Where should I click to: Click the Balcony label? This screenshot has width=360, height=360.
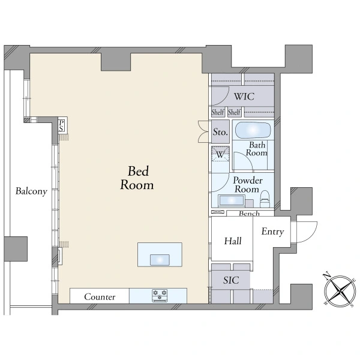tap(31, 191)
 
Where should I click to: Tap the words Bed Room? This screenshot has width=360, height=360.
tap(137, 178)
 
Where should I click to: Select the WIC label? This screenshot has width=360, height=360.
tap(244, 97)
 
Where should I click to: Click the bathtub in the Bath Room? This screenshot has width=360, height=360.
tap(253, 130)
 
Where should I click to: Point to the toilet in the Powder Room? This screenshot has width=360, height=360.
tap(265, 199)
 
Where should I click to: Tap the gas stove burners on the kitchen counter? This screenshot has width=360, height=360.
tap(160, 295)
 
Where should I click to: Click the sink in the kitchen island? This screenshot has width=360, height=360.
tap(160, 260)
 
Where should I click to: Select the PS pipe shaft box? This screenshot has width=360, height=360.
tap(61, 126)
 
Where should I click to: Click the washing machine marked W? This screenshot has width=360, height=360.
tap(220, 154)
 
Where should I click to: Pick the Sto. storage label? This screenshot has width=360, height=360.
tap(220, 132)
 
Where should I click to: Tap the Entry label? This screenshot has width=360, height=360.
tap(272, 232)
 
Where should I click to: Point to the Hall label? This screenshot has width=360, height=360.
tap(233, 241)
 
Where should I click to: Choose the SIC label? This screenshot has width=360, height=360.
tap(231, 280)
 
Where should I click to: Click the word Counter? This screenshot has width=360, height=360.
tap(100, 297)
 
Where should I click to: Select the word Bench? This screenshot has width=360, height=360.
tap(249, 214)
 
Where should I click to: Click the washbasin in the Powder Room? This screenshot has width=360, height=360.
tap(232, 200)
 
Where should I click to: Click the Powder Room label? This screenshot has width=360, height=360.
tap(247, 185)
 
